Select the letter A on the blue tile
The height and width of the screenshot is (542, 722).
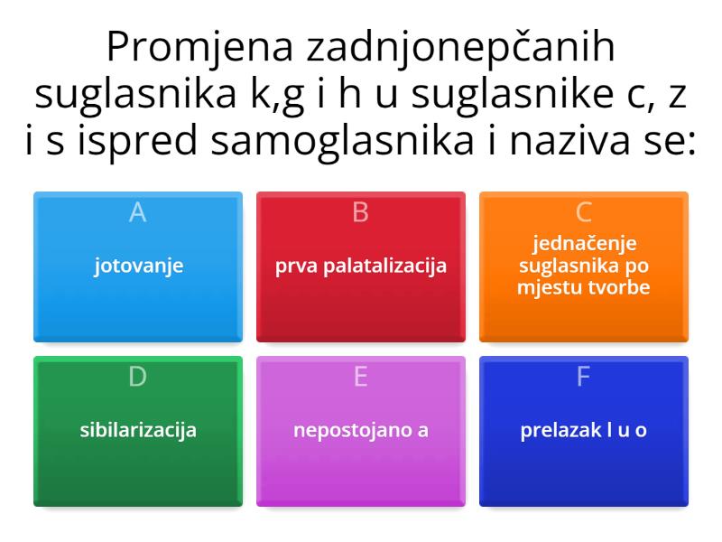tap(138, 212)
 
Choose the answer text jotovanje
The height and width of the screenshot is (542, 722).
tap(138, 266)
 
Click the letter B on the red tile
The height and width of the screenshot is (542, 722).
tap(361, 212)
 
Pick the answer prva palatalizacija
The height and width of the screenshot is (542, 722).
tap(361, 266)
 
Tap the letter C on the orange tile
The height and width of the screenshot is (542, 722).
tap(584, 212)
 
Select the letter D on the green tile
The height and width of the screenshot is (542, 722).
tap(138, 376)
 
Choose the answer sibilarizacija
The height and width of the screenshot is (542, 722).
tap(138, 430)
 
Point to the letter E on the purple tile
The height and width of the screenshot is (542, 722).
tap(361, 376)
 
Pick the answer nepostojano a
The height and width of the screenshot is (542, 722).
tap(361, 430)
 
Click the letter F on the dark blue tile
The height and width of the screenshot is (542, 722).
tap(584, 376)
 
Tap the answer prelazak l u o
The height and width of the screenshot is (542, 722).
tap(584, 430)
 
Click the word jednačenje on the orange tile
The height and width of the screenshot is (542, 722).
tap(584, 244)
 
